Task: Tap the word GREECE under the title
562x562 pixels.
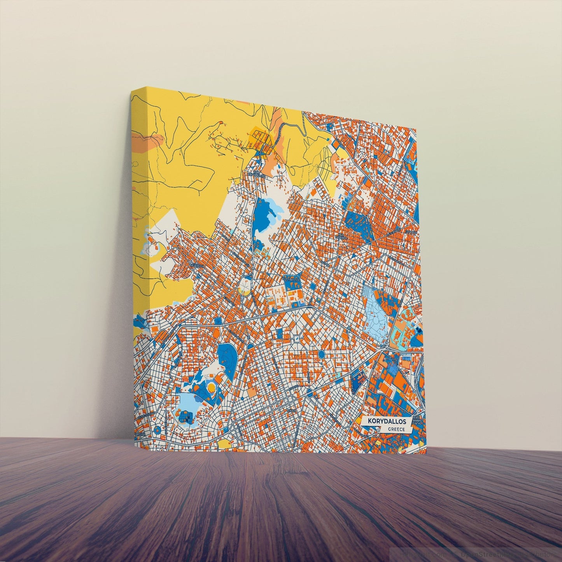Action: pyautogui.click(x=396, y=429)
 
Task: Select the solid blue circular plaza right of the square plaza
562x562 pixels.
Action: pyautogui.click(x=322, y=354)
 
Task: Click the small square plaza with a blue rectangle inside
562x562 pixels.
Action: pyautogui.click(x=296, y=338)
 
